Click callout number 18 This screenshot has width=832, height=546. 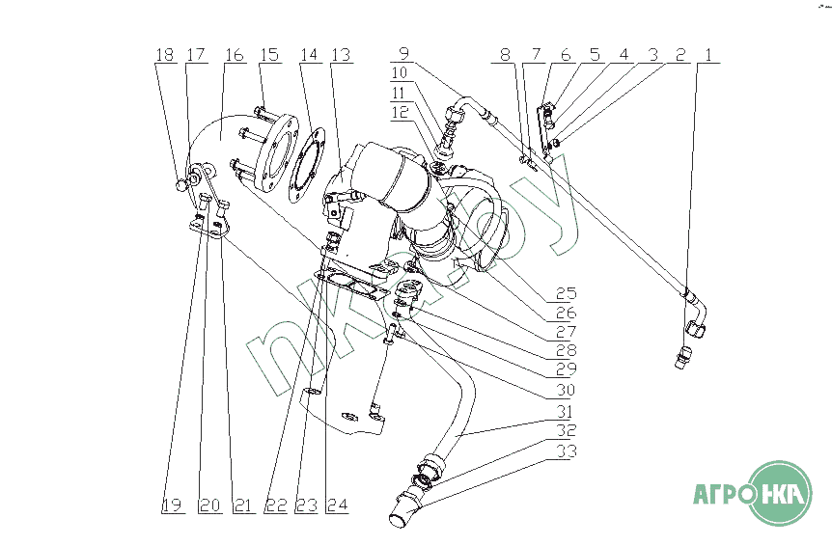(x=165, y=55)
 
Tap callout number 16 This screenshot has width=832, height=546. (x=235, y=55)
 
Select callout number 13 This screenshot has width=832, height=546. (x=339, y=55)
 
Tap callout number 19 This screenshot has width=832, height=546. (x=171, y=505)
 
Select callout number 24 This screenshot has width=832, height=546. (x=335, y=505)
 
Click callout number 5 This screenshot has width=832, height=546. (x=595, y=55)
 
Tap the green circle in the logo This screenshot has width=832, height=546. (x=781, y=494)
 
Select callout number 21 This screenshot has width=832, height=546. (x=243, y=505)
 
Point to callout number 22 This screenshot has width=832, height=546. (x=275, y=505)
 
